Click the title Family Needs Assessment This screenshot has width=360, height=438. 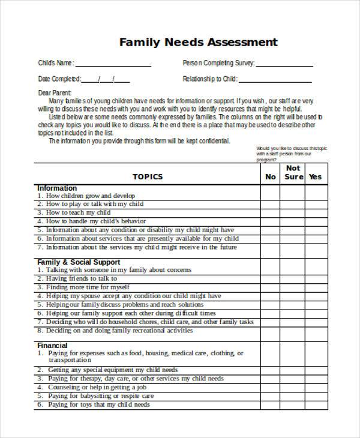(198, 43)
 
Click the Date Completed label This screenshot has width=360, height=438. (59, 79)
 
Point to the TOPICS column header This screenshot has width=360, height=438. (148, 177)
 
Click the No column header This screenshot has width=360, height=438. (271, 177)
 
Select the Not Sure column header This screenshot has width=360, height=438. (293, 173)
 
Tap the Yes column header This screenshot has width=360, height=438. (315, 177)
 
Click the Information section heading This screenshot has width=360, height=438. (57, 188)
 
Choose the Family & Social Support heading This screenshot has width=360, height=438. (79, 262)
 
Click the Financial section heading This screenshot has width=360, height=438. (52, 346)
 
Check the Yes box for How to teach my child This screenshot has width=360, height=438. (315, 213)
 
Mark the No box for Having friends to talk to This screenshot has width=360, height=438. (271, 279)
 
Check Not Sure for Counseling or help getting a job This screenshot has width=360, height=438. (293, 388)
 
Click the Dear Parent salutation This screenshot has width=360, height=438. (55, 93)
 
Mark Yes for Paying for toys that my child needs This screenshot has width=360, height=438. (315, 405)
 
